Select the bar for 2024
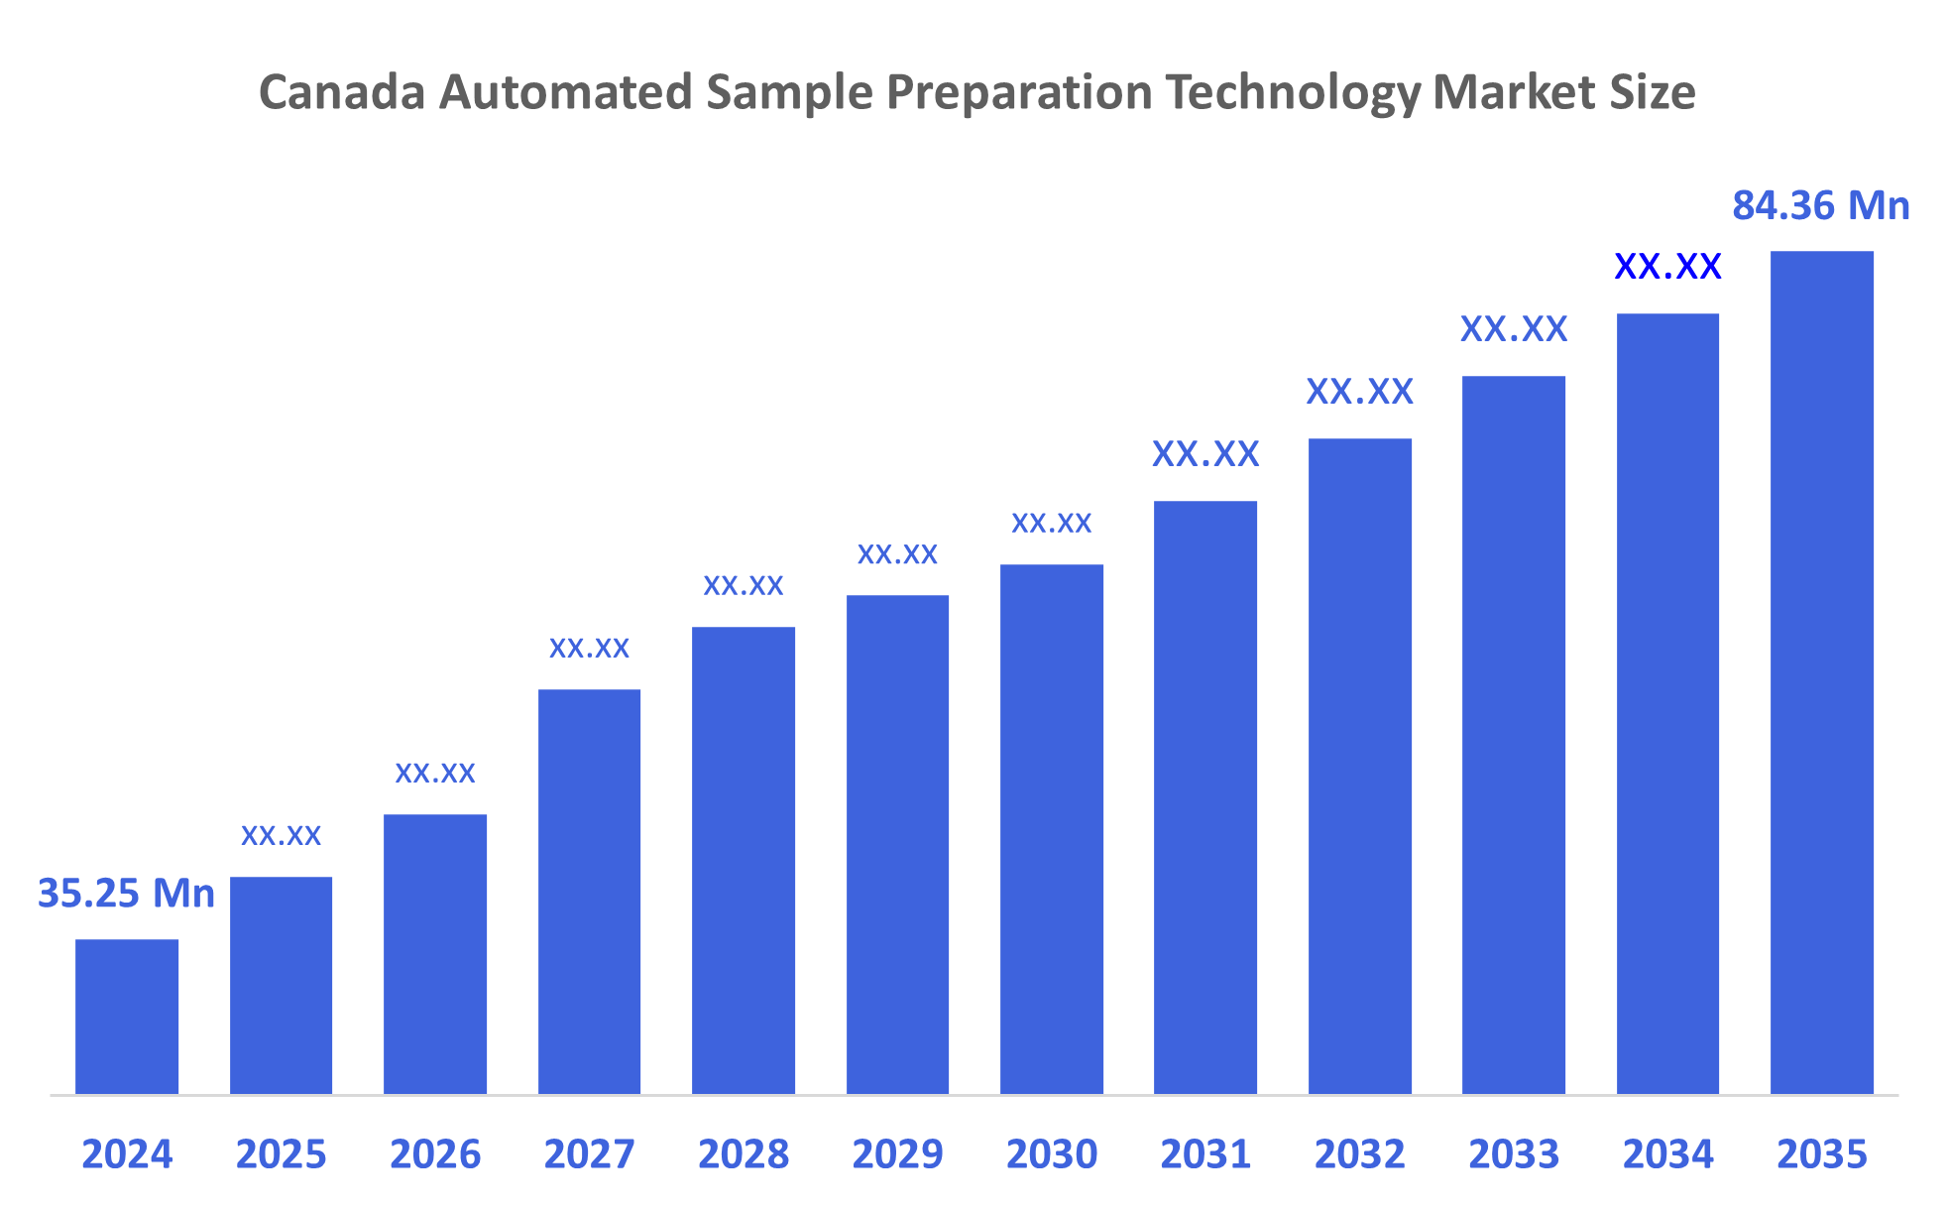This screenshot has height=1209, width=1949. pos(127,1017)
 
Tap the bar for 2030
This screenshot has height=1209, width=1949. pos(1051,828)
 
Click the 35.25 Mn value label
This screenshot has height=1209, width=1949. pos(126,894)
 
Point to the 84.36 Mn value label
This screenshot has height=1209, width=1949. pos(1820,206)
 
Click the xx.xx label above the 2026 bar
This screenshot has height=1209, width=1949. pos(435,773)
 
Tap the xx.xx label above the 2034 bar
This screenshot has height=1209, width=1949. pos(1667,267)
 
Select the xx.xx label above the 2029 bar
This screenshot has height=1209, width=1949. pos(897,553)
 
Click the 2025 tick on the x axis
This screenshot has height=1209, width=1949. pos(281,1154)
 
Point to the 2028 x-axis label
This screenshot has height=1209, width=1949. pos(744,1154)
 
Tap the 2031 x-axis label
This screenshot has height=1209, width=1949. pos(1205,1154)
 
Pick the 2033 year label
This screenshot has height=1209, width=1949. pos(1514,1154)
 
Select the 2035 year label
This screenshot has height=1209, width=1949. pos(1821,1154)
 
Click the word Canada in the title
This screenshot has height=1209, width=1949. pos(342,92)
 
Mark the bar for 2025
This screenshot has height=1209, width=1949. pos(281,985)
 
